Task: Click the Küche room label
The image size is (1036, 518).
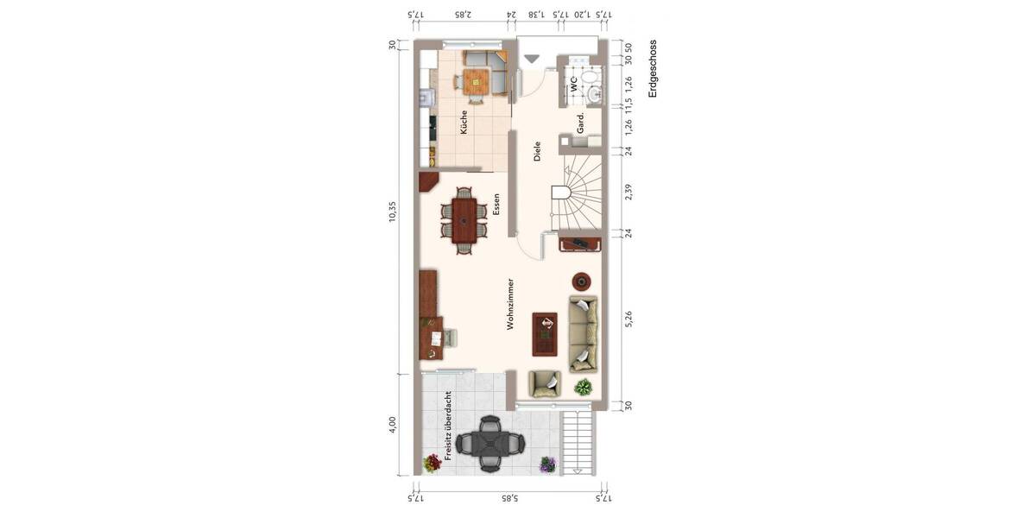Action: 464,121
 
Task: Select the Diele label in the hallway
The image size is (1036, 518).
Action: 537,153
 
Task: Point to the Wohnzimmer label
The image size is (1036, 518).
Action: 511,304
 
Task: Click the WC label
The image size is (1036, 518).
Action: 572,84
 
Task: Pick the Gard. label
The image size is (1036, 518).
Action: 581,123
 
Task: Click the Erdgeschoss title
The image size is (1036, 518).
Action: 653,69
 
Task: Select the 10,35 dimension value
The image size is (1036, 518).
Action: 393,212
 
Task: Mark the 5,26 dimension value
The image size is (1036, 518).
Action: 629,319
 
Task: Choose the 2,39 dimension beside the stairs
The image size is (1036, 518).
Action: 629,192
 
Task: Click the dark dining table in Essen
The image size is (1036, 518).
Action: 464,221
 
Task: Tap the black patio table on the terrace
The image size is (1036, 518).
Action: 490,444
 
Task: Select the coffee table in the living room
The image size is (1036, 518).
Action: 545,333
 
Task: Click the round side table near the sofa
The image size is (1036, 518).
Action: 582,281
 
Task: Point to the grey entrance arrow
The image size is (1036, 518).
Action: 533,59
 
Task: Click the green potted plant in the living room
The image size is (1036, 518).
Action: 584,386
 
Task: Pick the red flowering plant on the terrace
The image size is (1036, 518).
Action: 433,463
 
